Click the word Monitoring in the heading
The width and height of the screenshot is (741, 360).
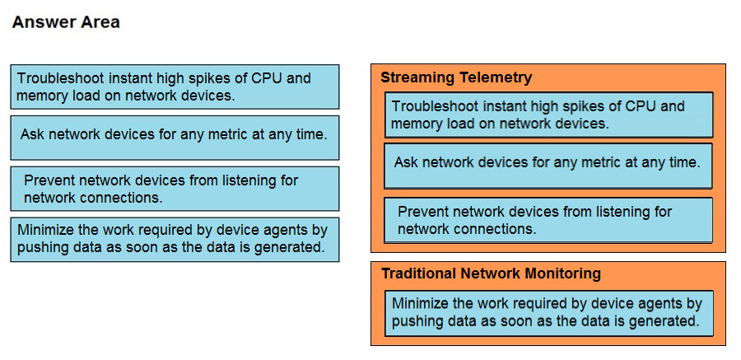(x=562, y=274)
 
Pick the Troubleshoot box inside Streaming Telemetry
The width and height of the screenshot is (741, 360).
(x=548, y=115)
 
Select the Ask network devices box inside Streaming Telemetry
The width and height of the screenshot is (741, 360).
(x=548, y=166)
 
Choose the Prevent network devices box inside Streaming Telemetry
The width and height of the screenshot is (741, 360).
(x=548, y=221)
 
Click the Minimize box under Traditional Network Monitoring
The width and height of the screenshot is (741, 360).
(x=548, y=313)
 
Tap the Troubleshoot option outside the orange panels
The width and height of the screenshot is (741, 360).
(x=175, y=86)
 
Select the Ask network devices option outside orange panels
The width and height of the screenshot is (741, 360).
(x=175, y=138)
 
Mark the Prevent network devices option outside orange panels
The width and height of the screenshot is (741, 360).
(x=175, y=189)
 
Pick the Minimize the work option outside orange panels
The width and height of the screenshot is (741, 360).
(x=175, y=240)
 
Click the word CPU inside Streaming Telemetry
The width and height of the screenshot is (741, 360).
(x=641, y=106)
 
